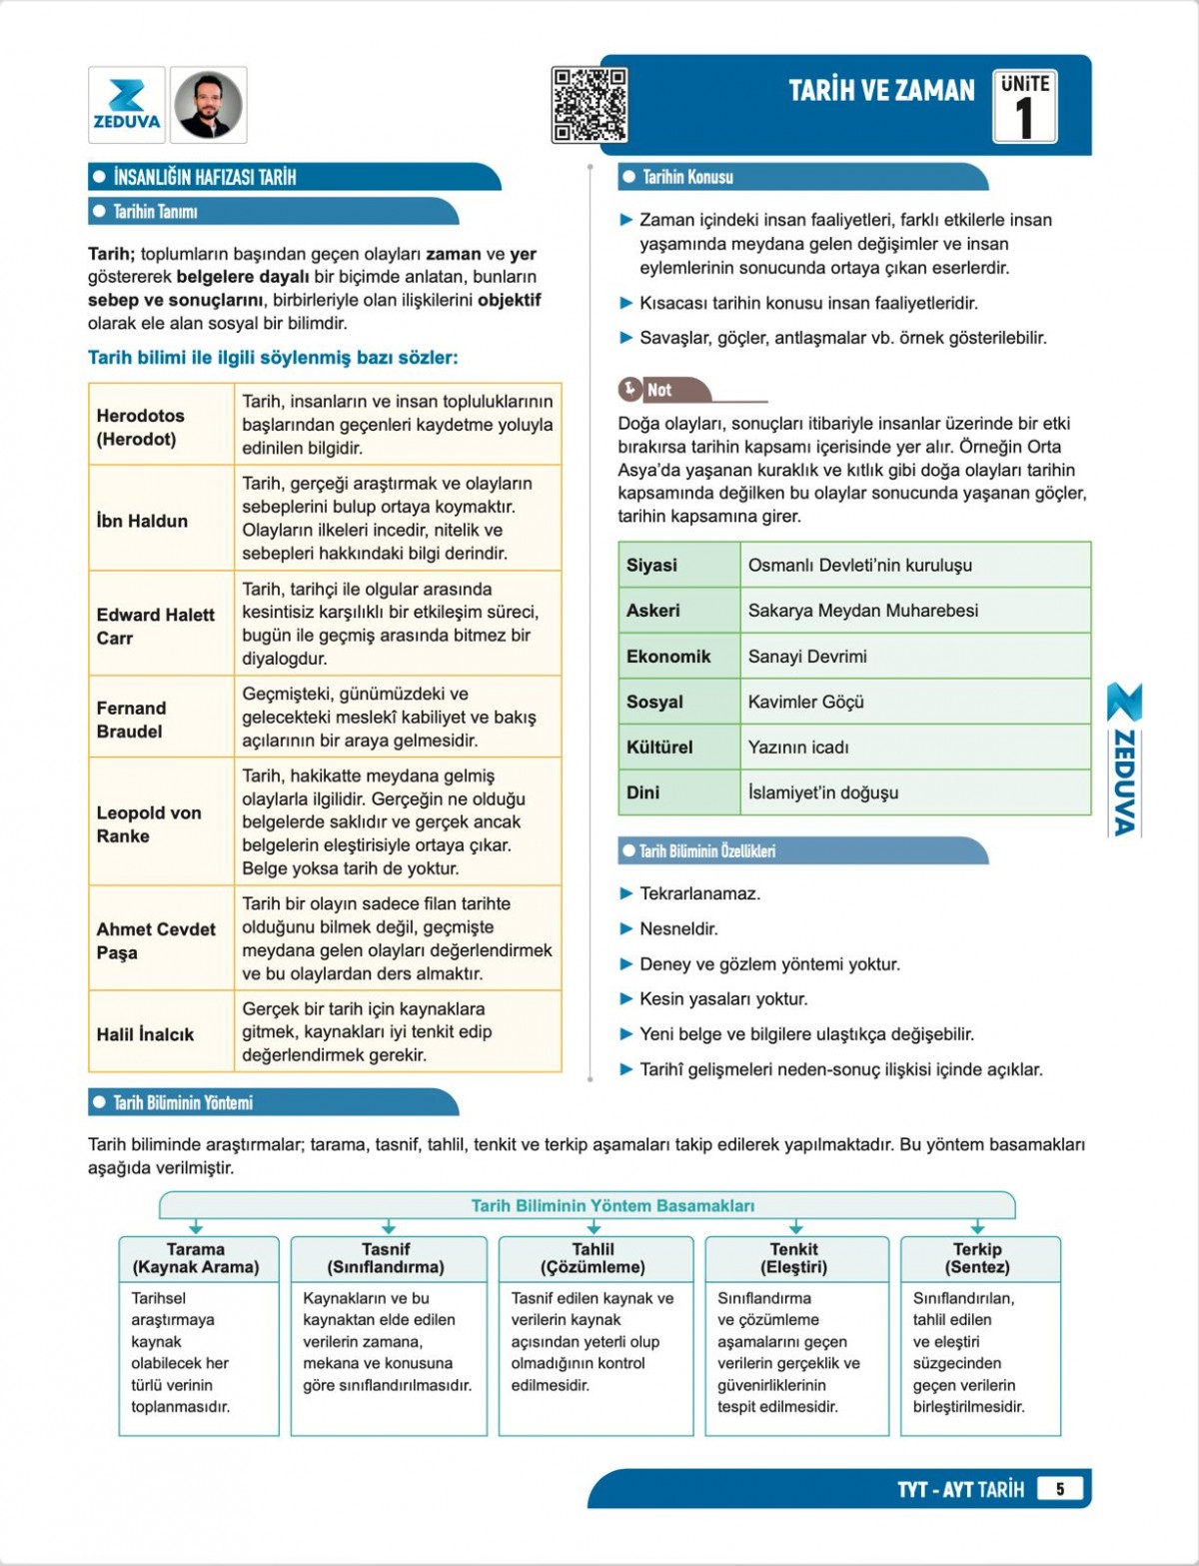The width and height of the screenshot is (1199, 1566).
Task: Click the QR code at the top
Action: (590, 104)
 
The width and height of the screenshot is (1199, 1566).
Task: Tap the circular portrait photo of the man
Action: (209, 105)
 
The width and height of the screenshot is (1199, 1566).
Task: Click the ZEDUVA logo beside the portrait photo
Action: (127, 105)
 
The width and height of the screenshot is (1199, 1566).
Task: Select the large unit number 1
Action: (1024, 118)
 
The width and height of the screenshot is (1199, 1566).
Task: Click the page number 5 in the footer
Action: (1060, 1489)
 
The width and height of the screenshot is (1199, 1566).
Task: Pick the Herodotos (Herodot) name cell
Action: (161, 427)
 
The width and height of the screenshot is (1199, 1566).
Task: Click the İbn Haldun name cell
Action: (161, 520)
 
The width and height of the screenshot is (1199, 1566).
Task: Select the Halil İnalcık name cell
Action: (161, 1033)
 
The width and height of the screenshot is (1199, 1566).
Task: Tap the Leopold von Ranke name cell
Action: (161, 823)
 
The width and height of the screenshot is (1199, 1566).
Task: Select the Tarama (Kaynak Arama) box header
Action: (196, 1258)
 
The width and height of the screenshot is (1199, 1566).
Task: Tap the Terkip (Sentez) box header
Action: (977, 1258)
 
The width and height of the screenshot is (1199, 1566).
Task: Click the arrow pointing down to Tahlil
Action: (594, 1226)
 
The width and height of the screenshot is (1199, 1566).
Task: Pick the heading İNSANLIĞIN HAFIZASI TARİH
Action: (205, 178)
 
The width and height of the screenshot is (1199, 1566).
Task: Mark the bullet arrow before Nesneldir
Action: (626, 928)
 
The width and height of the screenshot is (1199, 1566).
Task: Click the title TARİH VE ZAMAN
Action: (881, 91)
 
